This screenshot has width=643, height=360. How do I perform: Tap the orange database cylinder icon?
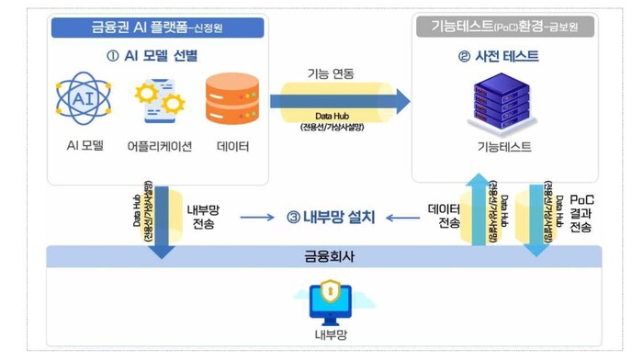231,99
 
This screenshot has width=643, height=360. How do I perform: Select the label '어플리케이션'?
159,145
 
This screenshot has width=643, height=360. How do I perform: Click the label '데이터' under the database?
232,145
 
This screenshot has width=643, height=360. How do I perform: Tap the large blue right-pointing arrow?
340,102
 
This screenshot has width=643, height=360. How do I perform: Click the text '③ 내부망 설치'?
330,217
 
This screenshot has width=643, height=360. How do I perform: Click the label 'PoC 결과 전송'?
581,214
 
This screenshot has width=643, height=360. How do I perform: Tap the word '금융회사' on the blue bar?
331,256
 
